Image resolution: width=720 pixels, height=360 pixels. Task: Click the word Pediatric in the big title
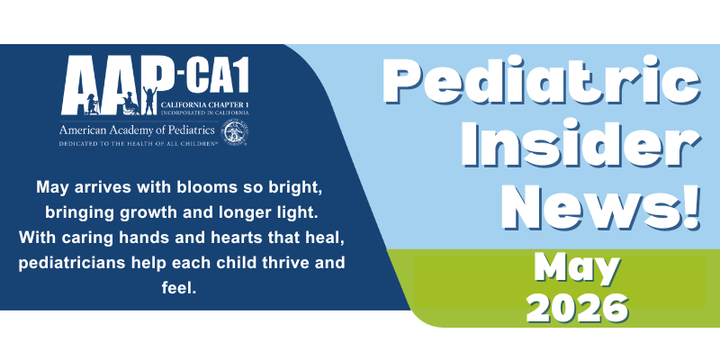542,81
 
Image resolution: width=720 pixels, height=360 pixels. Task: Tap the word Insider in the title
581,144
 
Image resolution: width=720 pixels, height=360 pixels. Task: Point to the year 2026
577,307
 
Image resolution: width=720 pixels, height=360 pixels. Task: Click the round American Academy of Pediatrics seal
235,132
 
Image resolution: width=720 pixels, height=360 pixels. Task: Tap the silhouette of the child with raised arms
149,100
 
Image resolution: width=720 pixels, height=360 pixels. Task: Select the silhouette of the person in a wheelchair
130,103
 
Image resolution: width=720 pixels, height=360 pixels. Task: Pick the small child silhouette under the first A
91,104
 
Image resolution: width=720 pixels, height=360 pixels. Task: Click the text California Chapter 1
205,105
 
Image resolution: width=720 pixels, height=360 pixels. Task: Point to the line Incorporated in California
205,112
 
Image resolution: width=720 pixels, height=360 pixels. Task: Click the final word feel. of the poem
179,289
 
